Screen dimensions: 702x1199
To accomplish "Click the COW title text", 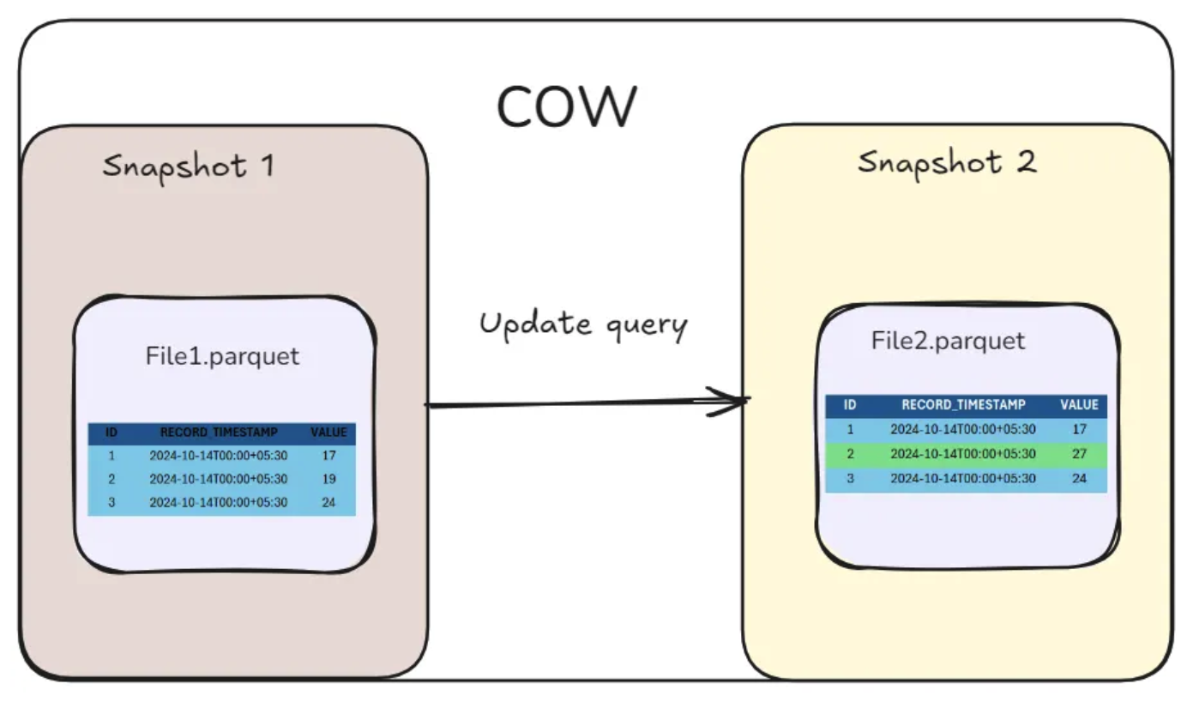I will [x=566, y=106].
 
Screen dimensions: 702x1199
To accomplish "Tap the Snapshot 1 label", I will [x=189, y=165].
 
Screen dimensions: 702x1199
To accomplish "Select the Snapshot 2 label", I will [x=947, y=161].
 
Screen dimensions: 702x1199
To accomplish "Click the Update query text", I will [x=583, y=324].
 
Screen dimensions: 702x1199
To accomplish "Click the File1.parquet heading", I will [x=223, y=355].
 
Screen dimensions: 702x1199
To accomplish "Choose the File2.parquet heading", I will [x=948, y=341].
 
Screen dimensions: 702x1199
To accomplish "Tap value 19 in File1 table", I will [x=329, y=479].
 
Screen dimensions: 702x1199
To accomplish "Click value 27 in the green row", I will [x=1079, y=454].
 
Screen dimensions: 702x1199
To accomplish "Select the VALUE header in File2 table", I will [x=1079, y=405].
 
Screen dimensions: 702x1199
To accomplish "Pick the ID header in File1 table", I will [x=111, y=433].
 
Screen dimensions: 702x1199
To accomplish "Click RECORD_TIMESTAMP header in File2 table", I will [x=963, y=405].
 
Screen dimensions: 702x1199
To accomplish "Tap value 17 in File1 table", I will [x=329, y=456].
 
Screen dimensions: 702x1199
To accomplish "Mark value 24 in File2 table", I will [x=1079, y=478].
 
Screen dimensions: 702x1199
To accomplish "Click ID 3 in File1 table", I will [x=111, y=502].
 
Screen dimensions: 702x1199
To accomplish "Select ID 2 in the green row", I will [x=850, y=454].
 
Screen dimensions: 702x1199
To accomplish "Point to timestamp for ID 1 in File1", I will [x=219, y=456].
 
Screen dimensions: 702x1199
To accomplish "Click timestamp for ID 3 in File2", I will [x=963, y=478].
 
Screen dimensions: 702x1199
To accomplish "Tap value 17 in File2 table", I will [x=1079, y=429].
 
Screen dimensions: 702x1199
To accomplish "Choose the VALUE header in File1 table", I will [x=329, y=433].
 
